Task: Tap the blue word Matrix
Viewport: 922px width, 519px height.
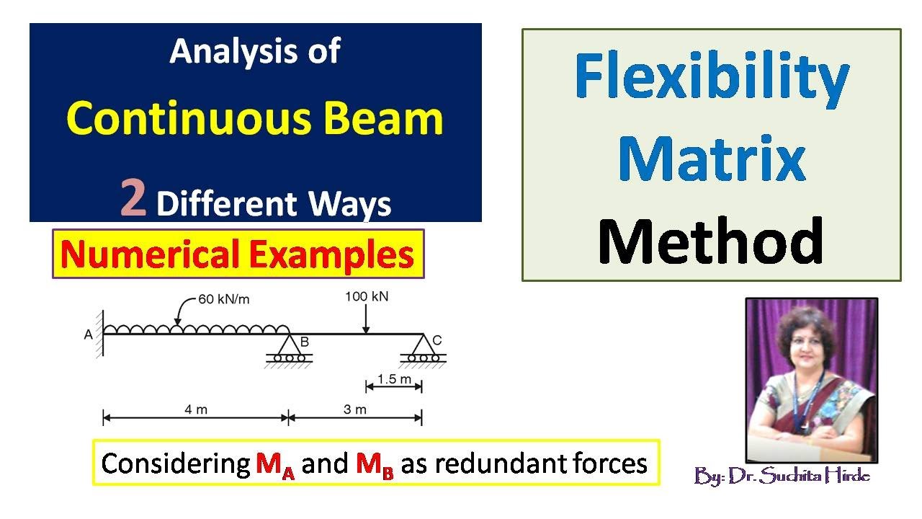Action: [x=712, y=158]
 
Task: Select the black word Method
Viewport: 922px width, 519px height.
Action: [x=711, y=241]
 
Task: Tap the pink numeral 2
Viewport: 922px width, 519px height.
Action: [x=133, y=198]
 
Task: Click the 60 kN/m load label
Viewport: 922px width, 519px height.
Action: [x=224, y=299]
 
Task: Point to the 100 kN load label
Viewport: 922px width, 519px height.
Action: [x=367, y=296]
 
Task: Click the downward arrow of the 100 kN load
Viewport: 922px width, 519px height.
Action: [x=365, y=319]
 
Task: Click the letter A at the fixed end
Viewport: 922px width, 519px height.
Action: [x=88, y=335]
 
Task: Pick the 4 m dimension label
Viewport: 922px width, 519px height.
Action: [x=196, y=409]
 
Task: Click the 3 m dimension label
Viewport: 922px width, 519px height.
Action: [x=355, y=409]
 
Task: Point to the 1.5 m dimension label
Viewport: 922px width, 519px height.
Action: [x=394, y=379]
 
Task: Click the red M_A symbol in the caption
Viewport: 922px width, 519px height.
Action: [x=275, y=466]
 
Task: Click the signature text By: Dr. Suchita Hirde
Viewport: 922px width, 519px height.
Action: [x=782, y=476]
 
